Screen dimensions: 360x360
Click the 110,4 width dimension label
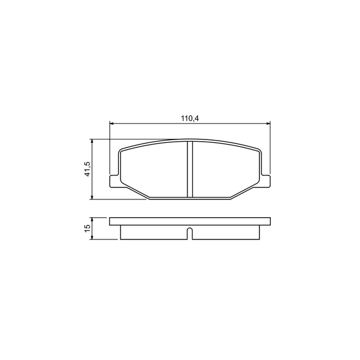(x=190, y=118)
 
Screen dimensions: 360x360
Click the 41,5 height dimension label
(x=87, y=169)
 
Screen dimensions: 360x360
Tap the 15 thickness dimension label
(x=87, y=228)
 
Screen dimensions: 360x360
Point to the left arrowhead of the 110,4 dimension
(x=112, y=123)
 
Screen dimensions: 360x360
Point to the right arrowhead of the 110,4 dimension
(x=267, y=123)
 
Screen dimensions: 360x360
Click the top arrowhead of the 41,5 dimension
(x=92, y=141)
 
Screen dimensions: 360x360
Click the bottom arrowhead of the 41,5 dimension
(x=92, y=197)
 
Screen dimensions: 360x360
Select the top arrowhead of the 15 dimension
(x=92, y=220)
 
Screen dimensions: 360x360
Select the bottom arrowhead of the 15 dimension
(x=92, y=237)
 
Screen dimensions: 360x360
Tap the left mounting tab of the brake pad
(x=114, y=181)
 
